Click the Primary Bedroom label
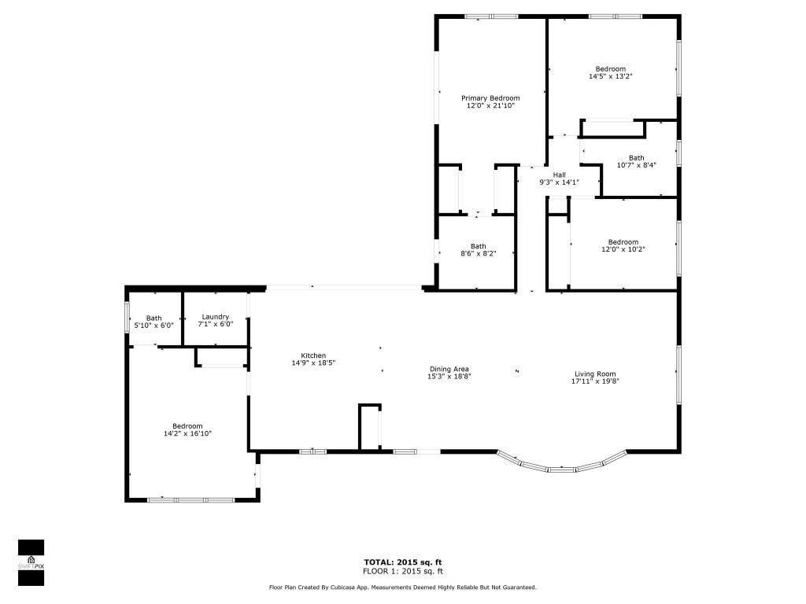point(490,98)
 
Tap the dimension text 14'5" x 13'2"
point(611,77)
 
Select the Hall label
point(559,175)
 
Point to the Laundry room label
point(215,317)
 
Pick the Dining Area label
point(449,369)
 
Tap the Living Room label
point(594,374)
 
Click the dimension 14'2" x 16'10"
point(187,433)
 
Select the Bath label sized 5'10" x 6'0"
point(153,318)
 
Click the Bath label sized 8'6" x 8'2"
point(479,245)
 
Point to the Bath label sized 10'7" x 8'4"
point(636,157)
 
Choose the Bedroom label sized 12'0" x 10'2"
point(623,242)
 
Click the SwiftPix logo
point(31,562)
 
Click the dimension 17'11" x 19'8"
point(594,382)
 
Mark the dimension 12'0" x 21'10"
point(490,105)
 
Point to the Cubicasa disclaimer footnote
point(403,587)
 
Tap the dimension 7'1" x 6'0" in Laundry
point(215,325)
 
